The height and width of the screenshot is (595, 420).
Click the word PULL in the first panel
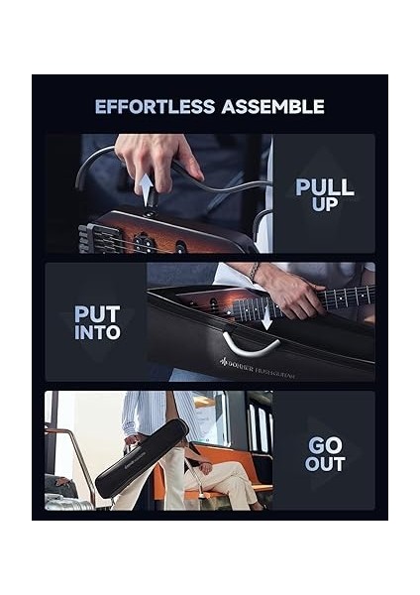[325, 186]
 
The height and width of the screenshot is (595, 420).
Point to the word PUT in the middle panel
[97, 314]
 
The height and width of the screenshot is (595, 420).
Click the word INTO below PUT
[97, 333]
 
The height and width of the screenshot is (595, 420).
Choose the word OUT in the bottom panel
[325, 464]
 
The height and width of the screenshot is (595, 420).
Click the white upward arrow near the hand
[147, 188]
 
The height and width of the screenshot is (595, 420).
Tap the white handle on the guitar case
[250, 344]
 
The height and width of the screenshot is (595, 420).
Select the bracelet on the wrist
[255, 272]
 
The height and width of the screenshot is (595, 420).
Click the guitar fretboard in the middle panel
[337, 297]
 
